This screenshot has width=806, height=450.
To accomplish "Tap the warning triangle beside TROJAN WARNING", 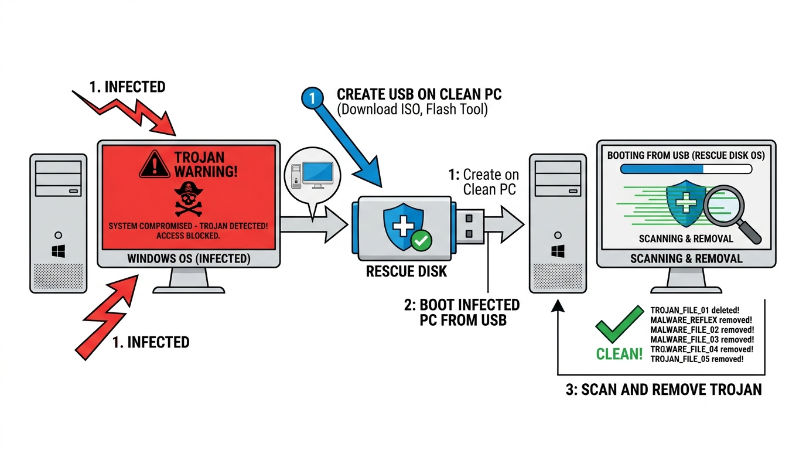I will click(154, 164).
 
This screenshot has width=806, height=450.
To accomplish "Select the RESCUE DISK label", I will click(398, 271).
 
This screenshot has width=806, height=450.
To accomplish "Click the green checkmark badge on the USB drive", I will click(421, 240).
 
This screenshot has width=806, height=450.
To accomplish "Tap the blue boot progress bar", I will click(662, 169).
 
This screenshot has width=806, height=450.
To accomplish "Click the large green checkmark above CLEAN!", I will click(619, 324).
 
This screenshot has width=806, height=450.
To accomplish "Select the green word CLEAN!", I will click(619, 354).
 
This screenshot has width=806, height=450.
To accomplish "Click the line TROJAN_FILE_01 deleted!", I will click(695, 309).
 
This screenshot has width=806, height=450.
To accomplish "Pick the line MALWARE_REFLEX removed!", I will click(701, 319).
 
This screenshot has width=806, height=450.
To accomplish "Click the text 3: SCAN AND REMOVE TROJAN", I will click(664, 390).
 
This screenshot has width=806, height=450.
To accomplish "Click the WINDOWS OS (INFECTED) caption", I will click(188, 258).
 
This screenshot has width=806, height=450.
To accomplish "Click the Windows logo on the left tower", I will click(58, 253).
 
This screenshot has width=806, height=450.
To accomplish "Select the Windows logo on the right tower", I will click(557, 252).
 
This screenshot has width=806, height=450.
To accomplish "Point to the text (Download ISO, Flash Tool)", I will click(412, 110).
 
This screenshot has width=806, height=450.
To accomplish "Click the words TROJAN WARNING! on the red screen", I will click(206, 164).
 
